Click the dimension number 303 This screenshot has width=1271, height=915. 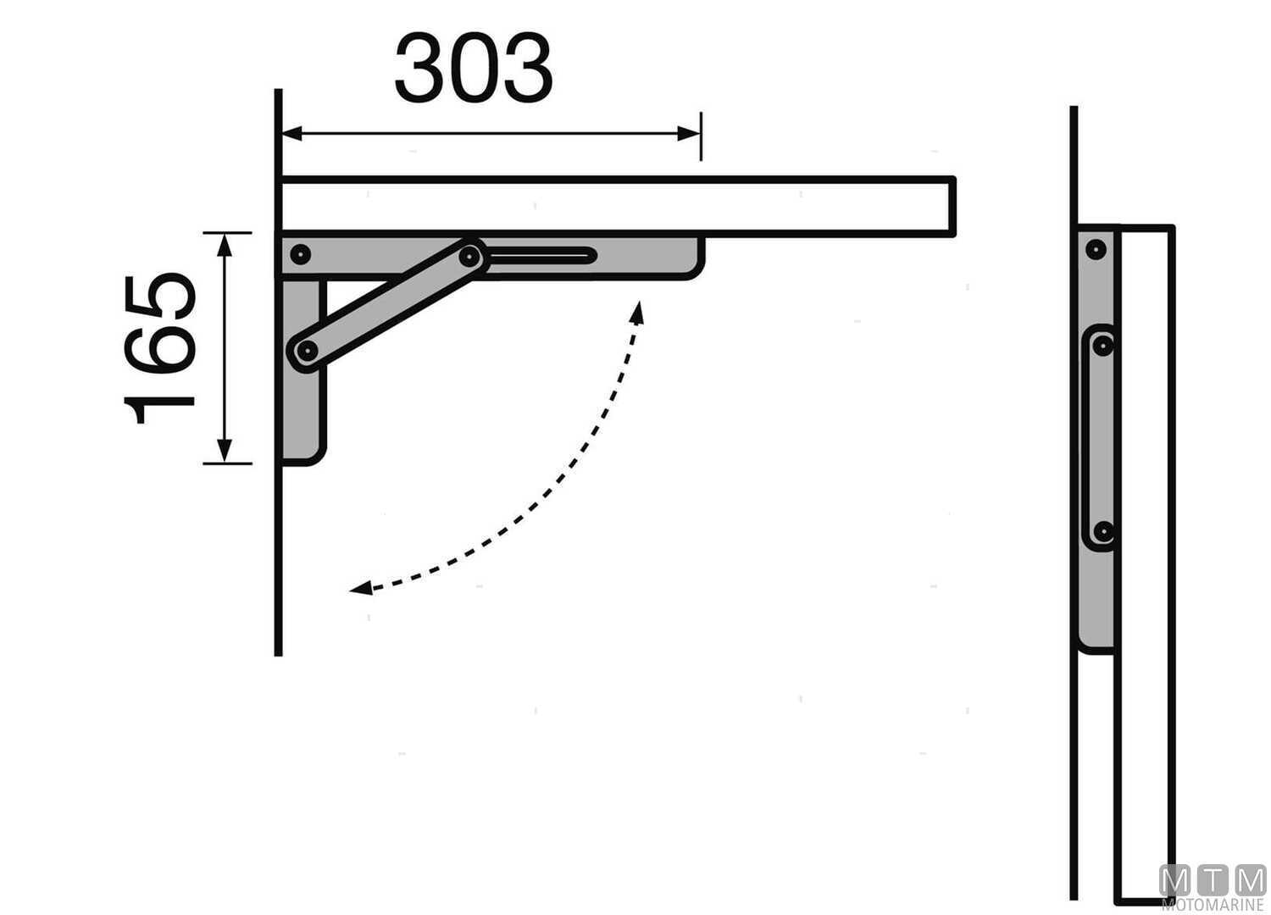[x=474, y=69]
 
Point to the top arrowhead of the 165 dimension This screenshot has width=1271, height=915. [x=225, y=244]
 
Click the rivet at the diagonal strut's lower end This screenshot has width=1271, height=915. [x=307, y=349]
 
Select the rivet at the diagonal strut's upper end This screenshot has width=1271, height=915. [x=469, y=255]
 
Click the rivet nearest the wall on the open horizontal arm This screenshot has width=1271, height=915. [x=300, y=253]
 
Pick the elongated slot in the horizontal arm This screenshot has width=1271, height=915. [x=542, y=255]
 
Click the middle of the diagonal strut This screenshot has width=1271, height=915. [x=388, y=302]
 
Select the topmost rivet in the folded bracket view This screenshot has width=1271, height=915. [x=1096, y=249]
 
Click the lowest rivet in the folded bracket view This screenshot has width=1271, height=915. [x=1102, y=532]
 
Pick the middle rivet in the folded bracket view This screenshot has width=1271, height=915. [x=1102, y=345]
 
